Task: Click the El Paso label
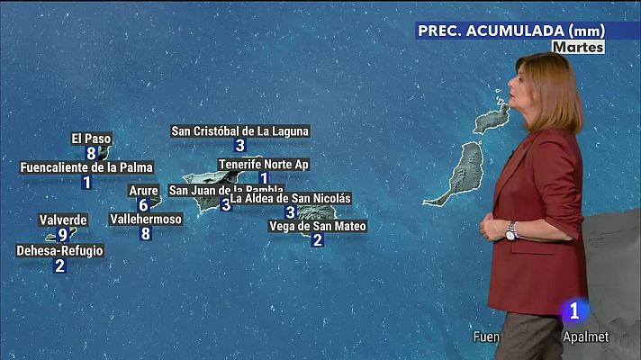[x=91, y=139]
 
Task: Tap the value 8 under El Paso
[x=91, y=153]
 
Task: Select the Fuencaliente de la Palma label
[x=86, y=167]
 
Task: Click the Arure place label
[x=143, y=191]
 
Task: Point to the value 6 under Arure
[x=143, y=205]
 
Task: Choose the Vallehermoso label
[x=146, y=219]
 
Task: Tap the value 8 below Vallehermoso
[x=146, y=234]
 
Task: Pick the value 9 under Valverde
[x=62, y=235]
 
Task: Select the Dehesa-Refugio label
[x=59, y=251]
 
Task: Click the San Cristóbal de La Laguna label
[x=239, y=131]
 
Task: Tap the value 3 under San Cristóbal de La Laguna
[x=239, y=146]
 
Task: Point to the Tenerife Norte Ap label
[x=264, y=165]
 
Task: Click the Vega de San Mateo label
[x=318, y=226]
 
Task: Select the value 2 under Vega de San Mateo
[x=318, y=240]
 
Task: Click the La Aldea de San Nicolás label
[x=291, y=198]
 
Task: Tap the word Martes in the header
[x=578, y=47]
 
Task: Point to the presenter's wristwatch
[x=510, y=231]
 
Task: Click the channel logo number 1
[x=573, y=311]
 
